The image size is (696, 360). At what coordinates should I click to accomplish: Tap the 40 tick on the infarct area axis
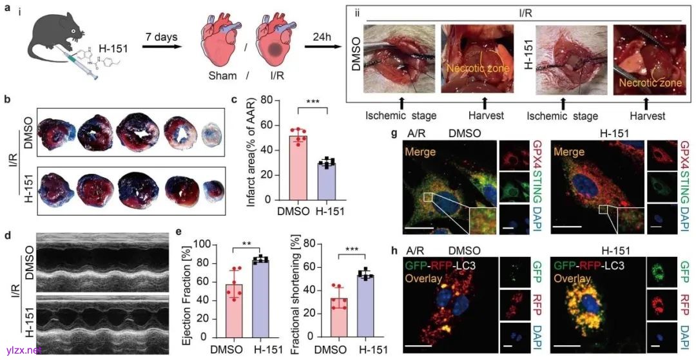click(x=267, y=150)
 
